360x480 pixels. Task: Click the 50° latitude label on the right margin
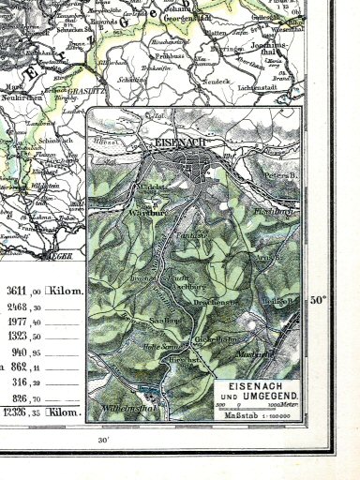(x=320, y=301)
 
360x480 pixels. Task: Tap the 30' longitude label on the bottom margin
(x=102, y=439)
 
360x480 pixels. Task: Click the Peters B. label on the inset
(x=278, y=174)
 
